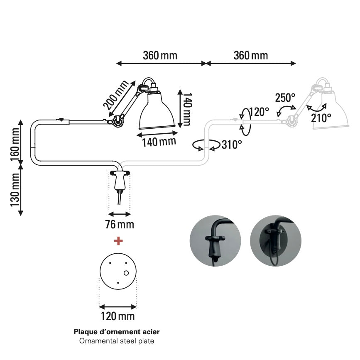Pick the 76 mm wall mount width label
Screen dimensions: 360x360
pos(119,225)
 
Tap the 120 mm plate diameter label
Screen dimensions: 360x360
pos(118,316)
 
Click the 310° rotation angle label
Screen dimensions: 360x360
pos(231,144)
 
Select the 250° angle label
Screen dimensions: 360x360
pos(285,98)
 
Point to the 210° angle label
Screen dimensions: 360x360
pos(321,117)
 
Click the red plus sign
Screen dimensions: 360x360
pos(119,240)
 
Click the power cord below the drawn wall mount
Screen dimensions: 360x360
pos(120,198)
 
